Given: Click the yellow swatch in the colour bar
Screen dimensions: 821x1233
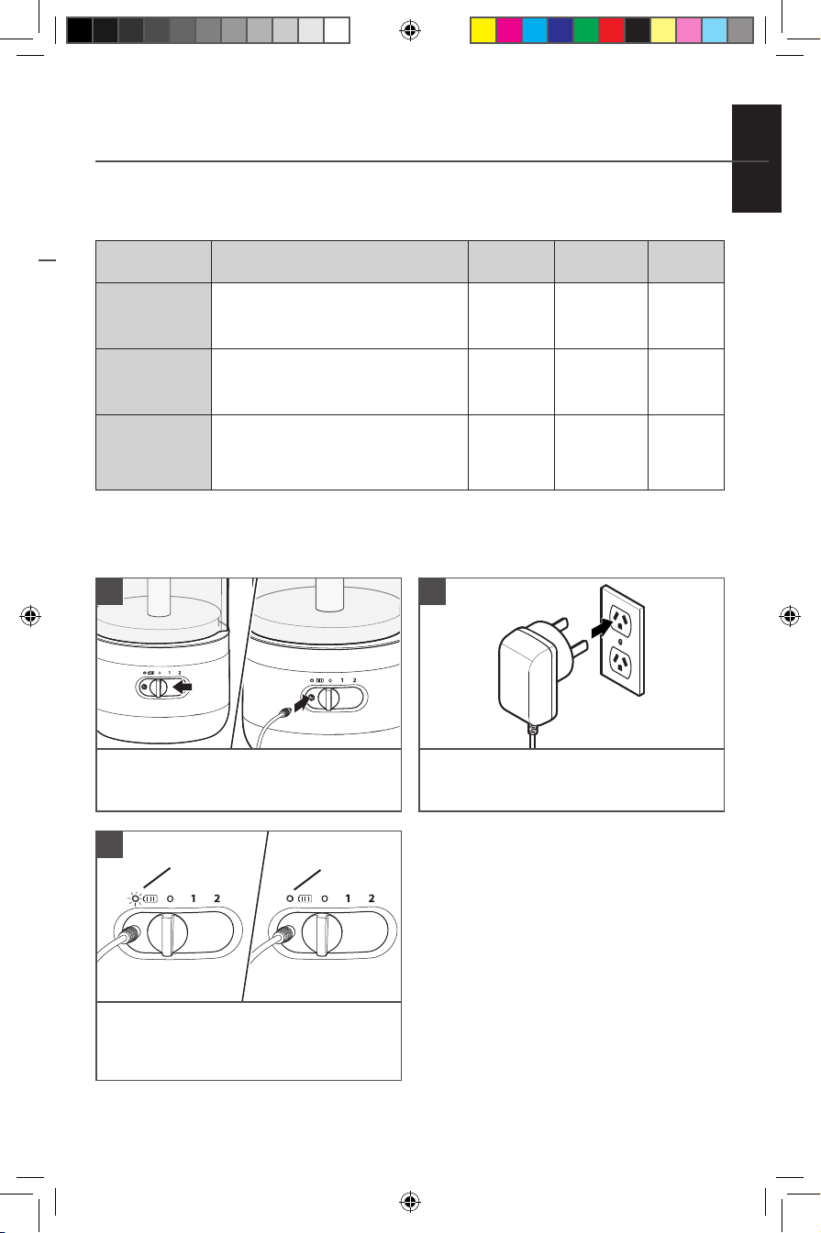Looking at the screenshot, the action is (483, 30).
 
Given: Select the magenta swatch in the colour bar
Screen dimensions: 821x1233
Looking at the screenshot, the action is (509, 30).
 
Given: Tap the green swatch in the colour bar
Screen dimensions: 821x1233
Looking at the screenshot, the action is (586, 30).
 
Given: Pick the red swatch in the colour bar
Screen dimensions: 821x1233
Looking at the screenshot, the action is (612, 30).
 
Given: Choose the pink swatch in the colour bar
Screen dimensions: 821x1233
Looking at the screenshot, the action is (689, 30).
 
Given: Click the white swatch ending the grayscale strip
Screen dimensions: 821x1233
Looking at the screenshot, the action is (337, 30).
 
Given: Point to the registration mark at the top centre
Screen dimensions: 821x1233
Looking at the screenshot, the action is (410, 30).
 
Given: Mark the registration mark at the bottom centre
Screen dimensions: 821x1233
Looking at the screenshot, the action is (410, 1202).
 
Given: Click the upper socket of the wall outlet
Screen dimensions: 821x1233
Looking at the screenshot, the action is (622, 620).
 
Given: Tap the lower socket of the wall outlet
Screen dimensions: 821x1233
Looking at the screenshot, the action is (622, 665).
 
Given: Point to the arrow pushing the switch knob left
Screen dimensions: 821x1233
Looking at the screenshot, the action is (183, 687).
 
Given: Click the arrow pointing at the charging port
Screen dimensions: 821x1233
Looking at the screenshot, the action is (303, 702).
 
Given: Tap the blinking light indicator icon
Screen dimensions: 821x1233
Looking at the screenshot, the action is (134, 899).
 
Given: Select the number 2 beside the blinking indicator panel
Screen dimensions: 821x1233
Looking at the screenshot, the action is (217, 898).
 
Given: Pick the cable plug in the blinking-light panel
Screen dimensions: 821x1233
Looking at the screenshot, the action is (128, 935).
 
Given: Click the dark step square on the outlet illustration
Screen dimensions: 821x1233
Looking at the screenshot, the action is (432, 591).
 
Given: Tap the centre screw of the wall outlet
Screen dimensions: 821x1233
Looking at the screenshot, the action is (621, 642).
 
